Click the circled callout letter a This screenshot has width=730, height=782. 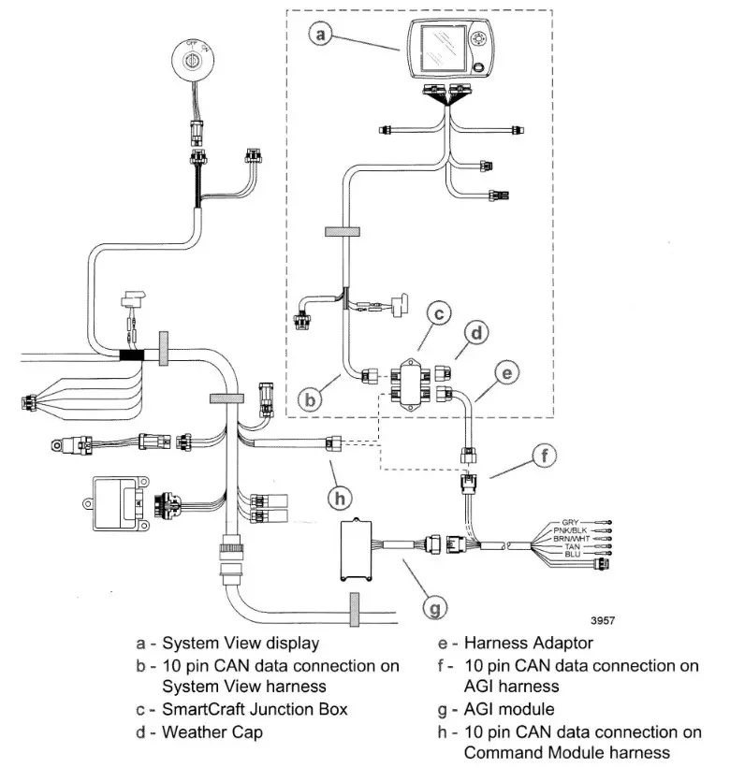tap(321, 35)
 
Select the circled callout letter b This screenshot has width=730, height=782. tap(314, 398)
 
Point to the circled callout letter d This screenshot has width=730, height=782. tap(477, 332)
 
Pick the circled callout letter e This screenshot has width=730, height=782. tap(506, 373)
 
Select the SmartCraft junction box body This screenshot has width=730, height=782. tap(411, 384)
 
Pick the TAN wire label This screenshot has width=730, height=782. tap(572, 547)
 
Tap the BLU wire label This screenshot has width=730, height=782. tap(573, 556)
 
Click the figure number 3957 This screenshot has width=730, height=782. tap(604, 619)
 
